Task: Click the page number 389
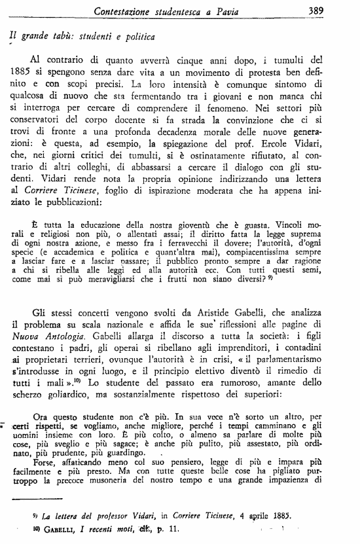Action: pyautogui.click(x=336, y=10)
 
